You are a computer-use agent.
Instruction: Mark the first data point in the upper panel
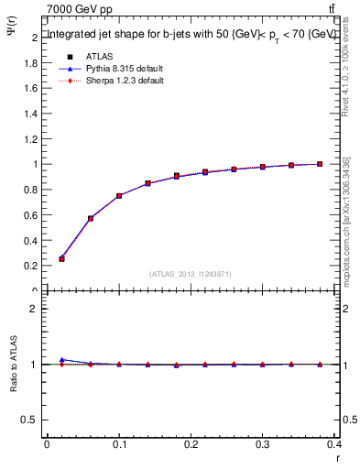click(x=61, y=259)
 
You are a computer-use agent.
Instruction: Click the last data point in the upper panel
click(x=320, y=164)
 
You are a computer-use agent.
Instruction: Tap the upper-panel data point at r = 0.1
click(x=119, y=196)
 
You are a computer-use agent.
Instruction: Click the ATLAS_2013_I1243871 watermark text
click(x=190, y=274)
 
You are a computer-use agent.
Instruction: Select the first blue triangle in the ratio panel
click(x=61, y=360)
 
